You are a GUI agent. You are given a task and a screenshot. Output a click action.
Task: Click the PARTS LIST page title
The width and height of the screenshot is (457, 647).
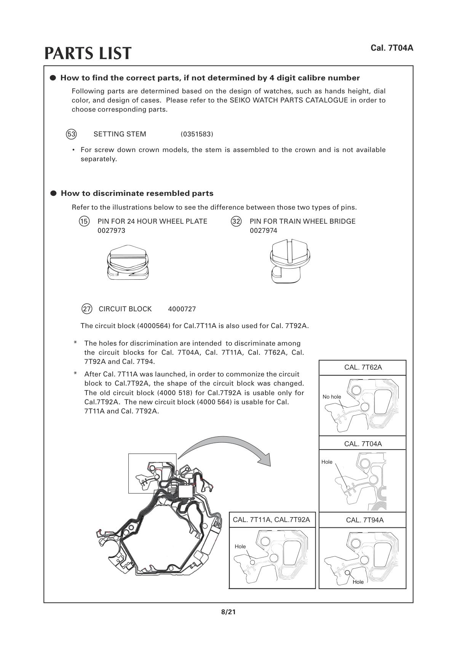(88, 53)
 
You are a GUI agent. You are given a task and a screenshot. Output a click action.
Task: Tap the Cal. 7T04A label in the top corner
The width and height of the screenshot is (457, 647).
(392, 48)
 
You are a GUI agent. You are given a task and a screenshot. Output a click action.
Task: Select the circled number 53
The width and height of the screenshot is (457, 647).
(71, 134)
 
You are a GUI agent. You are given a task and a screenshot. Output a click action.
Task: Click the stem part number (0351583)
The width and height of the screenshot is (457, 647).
(197, 134)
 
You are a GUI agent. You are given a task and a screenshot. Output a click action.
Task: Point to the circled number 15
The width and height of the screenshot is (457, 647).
(84, 221)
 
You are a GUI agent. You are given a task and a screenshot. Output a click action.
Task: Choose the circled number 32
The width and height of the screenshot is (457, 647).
(236, 221)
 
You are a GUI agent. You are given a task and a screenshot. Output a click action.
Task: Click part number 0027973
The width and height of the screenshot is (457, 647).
(111, 231)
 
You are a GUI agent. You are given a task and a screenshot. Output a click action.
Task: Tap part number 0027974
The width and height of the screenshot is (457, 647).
(264, 231)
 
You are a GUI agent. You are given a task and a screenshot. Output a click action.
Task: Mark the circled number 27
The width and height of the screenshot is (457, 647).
(87, 309)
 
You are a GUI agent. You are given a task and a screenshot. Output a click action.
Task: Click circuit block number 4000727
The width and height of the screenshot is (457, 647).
(182, 309)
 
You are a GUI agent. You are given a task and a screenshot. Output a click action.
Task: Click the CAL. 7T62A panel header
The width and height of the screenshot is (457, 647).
(363, 367)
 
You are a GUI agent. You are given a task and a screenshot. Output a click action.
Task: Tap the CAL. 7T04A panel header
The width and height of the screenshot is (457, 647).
(363, 444)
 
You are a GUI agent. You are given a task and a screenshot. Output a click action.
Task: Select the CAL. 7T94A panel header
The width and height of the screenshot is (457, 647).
(364, 520)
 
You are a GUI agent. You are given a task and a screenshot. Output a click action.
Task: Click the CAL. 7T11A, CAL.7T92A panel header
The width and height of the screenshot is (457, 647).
(272, 520)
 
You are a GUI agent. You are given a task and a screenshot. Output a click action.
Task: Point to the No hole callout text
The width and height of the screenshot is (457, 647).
(332, 397)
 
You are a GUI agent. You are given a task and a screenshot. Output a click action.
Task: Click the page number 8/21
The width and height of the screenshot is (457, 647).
(228, 612)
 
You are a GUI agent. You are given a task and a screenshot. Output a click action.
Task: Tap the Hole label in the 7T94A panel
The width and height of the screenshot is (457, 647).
(358, 582)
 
